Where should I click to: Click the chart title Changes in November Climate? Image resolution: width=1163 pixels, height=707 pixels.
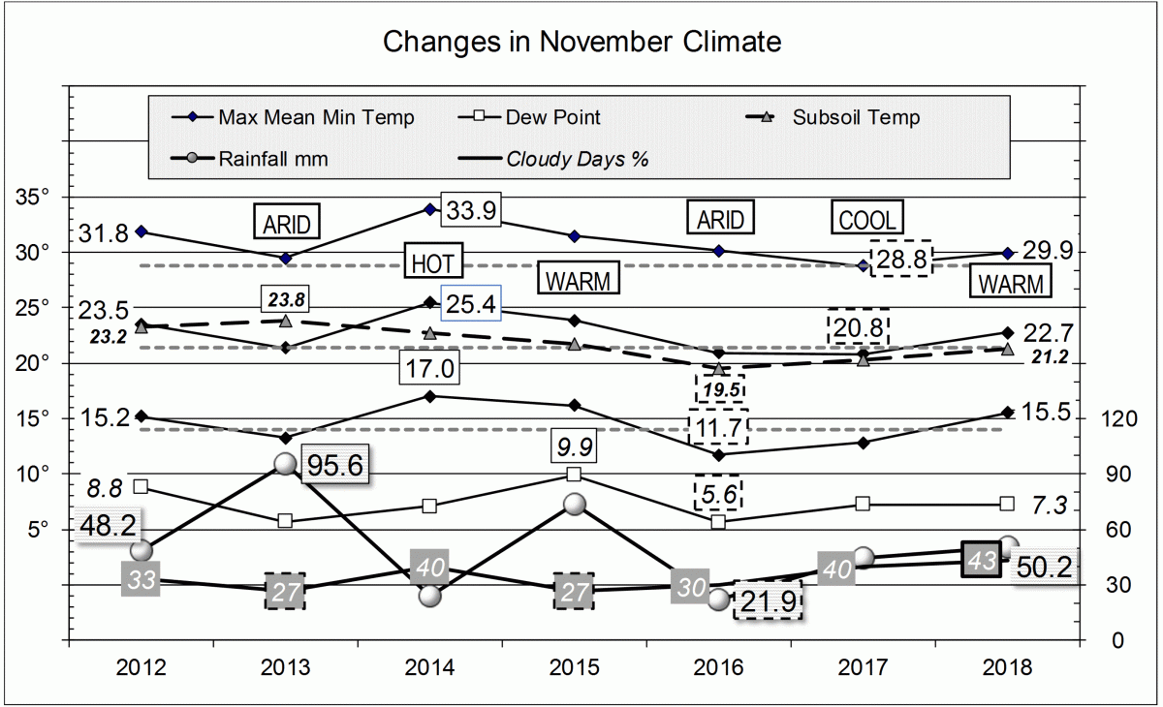point(581,43)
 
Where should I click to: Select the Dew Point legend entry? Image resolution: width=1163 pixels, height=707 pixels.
point(552,118)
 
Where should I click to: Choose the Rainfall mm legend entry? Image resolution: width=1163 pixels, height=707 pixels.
point(272,159)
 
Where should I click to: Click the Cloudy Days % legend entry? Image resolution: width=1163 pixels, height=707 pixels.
point(577,159)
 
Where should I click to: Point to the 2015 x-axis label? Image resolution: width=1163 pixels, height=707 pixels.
point(575,668)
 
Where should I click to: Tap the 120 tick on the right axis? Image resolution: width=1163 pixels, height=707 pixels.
point(1125,419)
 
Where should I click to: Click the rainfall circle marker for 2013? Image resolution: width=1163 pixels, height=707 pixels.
point(286,464)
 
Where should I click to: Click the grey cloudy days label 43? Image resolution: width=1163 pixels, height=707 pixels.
point(982,561)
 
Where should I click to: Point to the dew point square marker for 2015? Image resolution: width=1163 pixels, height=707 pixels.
point(574,475)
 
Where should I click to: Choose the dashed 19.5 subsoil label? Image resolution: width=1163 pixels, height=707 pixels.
point(719,388)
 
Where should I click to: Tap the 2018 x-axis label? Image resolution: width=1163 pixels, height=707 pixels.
point(1008,668)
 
